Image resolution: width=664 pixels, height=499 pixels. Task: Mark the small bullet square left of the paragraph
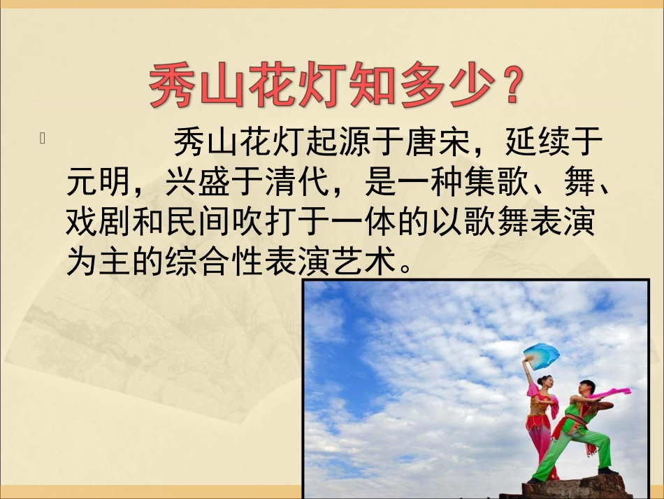tap(43, 139)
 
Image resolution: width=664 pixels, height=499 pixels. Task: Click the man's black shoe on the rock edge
tap(605, 470)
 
